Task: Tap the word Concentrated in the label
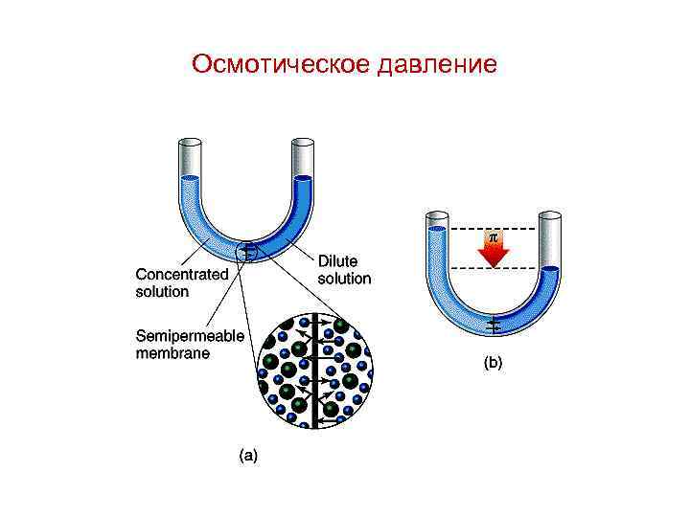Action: tap(181, 273)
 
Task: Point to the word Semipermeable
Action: tap(191, 336)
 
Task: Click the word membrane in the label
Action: tap(172, 352)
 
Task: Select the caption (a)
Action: tap(247, 456)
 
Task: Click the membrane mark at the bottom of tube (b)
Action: tap(494, 326)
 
